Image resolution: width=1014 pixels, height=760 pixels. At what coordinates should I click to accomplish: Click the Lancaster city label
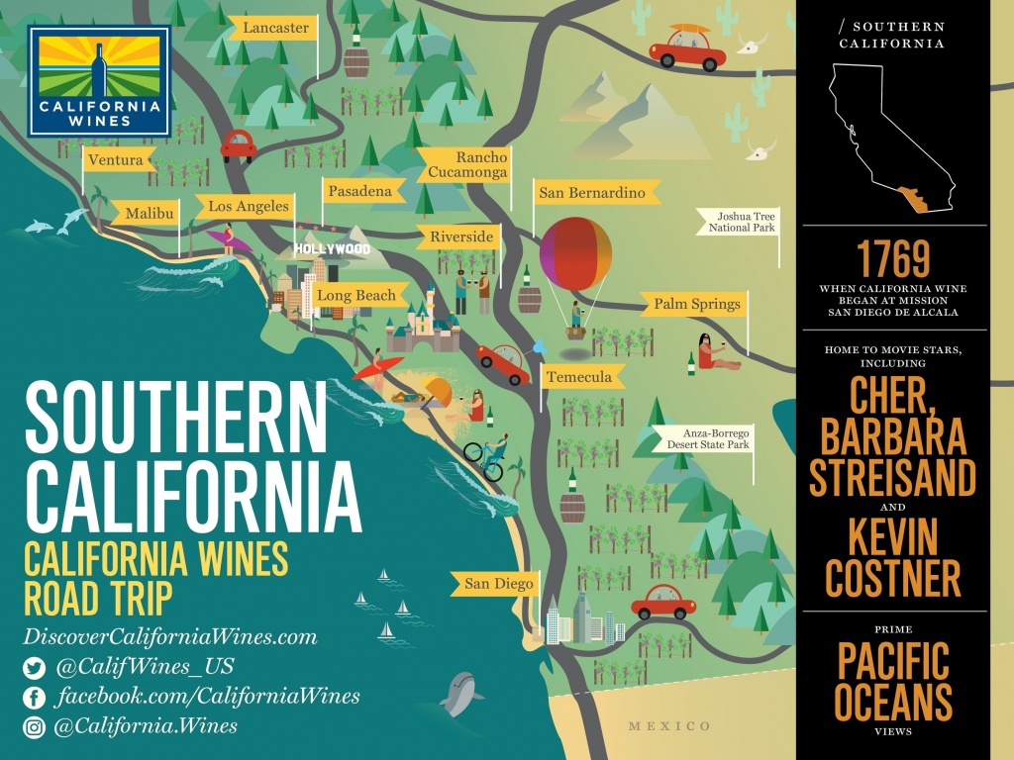[275, 28]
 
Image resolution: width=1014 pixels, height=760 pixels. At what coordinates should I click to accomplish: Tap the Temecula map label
[583, 376]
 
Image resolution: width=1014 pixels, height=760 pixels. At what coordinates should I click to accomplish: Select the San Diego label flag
[498, 584]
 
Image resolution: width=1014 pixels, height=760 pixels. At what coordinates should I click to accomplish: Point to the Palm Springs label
[696, 304]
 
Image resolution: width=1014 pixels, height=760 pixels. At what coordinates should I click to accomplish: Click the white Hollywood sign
[332, 248]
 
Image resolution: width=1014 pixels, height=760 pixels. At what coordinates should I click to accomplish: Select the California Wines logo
[99, 81]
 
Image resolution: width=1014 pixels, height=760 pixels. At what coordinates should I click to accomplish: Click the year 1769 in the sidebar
[893, 259]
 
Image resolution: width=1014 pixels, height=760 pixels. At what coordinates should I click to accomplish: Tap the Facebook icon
[35, 698]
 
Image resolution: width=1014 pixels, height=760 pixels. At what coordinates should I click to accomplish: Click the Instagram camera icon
[35, 727]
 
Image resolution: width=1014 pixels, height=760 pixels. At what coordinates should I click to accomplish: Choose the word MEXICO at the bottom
[669, 726]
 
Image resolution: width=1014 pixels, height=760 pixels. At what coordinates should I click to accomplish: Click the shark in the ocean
[458, 693]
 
